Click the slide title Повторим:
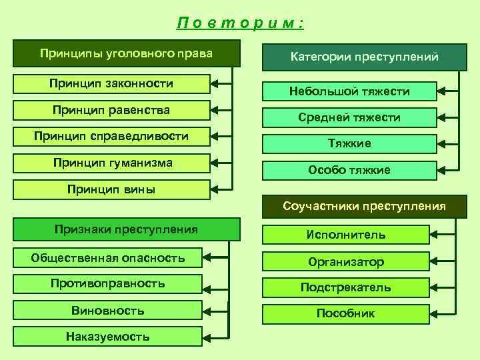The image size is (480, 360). (240, 24)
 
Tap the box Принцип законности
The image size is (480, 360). (111, 84)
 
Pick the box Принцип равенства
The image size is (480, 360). (111, 110)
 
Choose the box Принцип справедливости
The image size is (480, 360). (111, 137)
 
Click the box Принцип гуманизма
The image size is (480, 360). (111, 163)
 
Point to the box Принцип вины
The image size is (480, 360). (111, 189)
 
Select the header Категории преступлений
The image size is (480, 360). (364, 57)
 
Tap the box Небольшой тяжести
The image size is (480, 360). (349, 91)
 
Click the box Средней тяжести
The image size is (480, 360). (349, 117)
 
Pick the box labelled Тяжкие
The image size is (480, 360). (349, 143)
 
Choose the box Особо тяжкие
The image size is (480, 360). (349, 170)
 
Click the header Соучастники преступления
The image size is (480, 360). (364, 207)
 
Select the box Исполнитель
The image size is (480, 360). (346, 235)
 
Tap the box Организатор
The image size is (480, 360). (346, 261)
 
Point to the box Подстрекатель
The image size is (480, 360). (346, 287)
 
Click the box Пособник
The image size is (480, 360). (346, 313)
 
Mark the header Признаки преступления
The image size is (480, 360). (127, 230)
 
